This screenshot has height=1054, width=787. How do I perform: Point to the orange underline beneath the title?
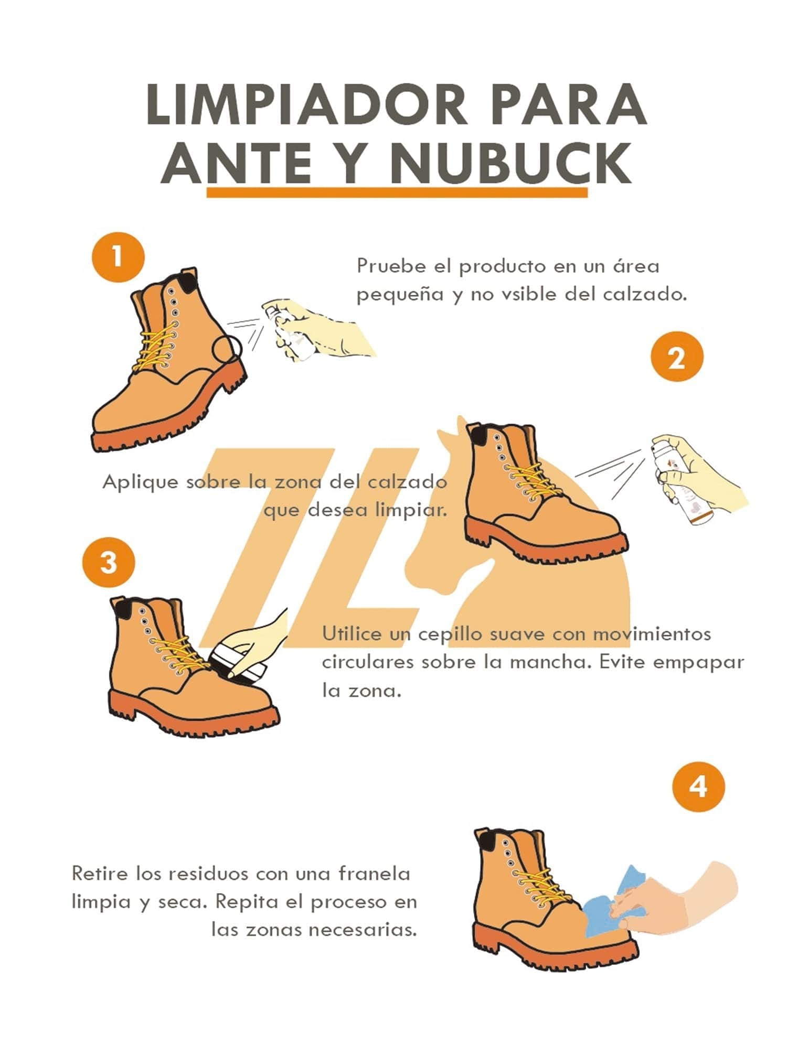(x=397, y=192)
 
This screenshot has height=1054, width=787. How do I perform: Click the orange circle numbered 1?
(x=118, y=257)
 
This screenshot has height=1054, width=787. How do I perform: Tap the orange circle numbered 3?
(x=108, y=563)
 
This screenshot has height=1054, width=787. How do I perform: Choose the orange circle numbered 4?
(x=698, y=787)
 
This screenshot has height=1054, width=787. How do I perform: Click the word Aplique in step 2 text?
(x=141, y=482)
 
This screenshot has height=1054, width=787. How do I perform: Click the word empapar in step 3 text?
(x=705, y=662)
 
